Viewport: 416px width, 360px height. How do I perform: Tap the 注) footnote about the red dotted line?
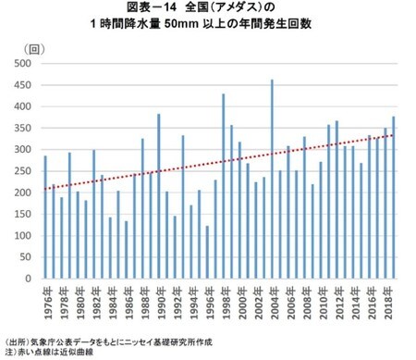click(x=11, y=352)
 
